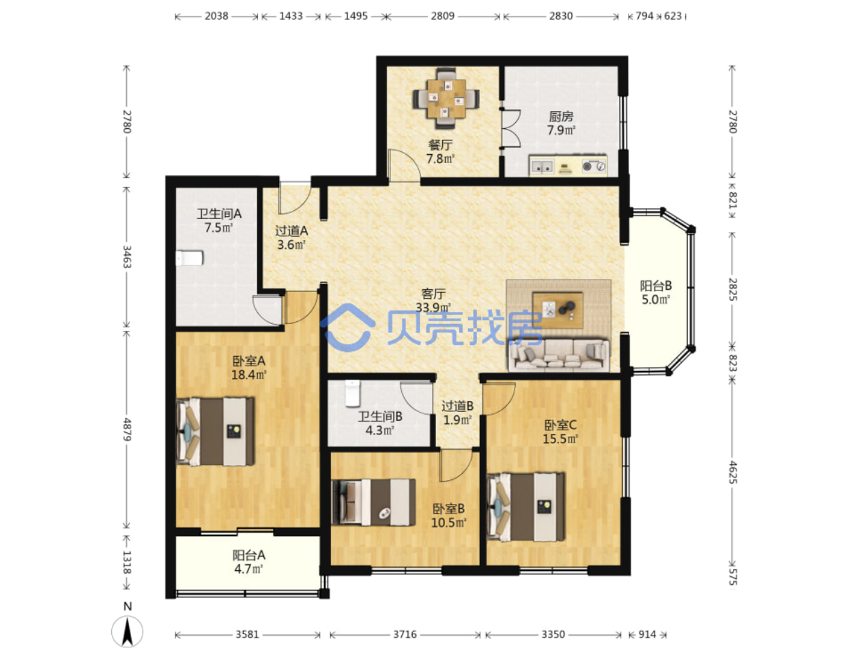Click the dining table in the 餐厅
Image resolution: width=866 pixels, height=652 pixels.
click(x=446, y=98)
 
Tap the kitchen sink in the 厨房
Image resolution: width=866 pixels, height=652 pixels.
click(x=541, y=166)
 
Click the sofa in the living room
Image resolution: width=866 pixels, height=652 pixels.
click(x=559, y=355)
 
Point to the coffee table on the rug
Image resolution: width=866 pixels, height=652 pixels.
click(x=557, y=310)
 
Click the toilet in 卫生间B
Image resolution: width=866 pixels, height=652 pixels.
click(x=352, y=393)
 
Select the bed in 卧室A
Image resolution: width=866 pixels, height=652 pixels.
click(x=215, y=431)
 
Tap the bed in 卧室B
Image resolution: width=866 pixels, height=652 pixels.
click(x=373, y=502)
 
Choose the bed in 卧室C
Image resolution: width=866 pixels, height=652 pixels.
click(x=525, y=507)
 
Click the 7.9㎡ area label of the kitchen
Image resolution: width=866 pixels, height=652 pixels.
click(x=561, y=130)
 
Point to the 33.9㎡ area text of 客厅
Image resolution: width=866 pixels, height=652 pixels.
click(x=433, y=307)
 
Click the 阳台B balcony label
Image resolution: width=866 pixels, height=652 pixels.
click(x=655, y=285)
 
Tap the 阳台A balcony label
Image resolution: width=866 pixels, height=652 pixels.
click(x=248, y=555)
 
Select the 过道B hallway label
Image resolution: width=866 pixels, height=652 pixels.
click(x=457, y=406)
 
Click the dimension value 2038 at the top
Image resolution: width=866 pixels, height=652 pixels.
click(x=216, y=16)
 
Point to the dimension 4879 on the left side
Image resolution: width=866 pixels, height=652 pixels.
click(x=127, y=429)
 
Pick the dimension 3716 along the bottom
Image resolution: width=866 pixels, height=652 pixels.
click(x=405, y=634)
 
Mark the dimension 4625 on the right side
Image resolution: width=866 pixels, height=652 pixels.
click(x=732, y=472)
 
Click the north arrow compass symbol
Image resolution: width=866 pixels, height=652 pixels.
click(x=127, y=632)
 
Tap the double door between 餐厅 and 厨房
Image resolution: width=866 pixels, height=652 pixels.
click(x=511, y=128)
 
